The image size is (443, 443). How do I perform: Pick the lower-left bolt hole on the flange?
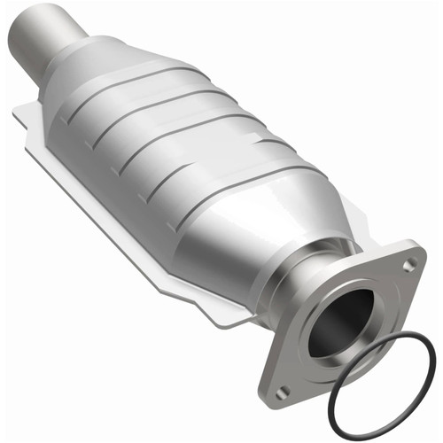282,391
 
